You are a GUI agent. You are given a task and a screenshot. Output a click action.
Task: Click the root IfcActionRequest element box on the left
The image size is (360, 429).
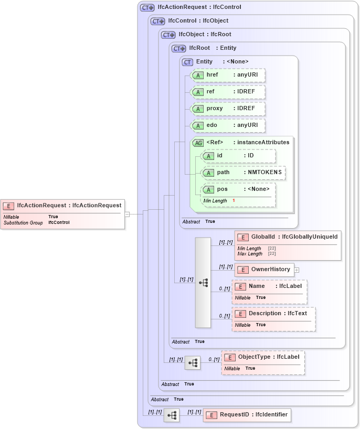click(x=63, y=214)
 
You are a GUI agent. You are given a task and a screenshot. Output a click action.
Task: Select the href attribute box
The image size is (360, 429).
click(x=228, y=75)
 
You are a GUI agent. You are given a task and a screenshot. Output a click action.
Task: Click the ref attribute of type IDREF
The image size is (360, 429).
click(x=228, y=92)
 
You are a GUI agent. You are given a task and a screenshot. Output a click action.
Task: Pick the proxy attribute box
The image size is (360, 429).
click(x=228, y=109)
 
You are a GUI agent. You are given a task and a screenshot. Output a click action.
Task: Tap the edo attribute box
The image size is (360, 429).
click(x=228, y=125)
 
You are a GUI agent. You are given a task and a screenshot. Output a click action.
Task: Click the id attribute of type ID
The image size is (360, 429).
click(x=239, y=156)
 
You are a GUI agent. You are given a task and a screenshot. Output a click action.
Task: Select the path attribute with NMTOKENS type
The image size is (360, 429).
click(x=244, y=173)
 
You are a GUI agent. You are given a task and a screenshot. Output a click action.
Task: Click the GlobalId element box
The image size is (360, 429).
click(x=288, y=245)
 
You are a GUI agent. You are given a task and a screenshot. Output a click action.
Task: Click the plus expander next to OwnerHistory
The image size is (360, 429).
click(x=297, y=270)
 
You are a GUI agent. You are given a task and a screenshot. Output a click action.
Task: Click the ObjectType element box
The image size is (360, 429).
click(x=263, y=362)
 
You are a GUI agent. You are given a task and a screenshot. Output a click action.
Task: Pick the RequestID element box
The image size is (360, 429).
click(x=247, y=415)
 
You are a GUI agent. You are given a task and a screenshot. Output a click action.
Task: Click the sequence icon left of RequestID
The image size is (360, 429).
click(x=172, y=415)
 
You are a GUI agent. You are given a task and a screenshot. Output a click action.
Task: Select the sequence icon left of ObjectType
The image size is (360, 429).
click(x=193, y=362)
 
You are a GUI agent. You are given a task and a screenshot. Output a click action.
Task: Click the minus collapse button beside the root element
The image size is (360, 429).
click(x=127, y=214)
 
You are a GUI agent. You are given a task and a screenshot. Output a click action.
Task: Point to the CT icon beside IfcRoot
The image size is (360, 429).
click(x=179, y=48)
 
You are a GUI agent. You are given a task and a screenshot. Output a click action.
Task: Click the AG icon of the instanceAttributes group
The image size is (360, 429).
click(x=198, y=143)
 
